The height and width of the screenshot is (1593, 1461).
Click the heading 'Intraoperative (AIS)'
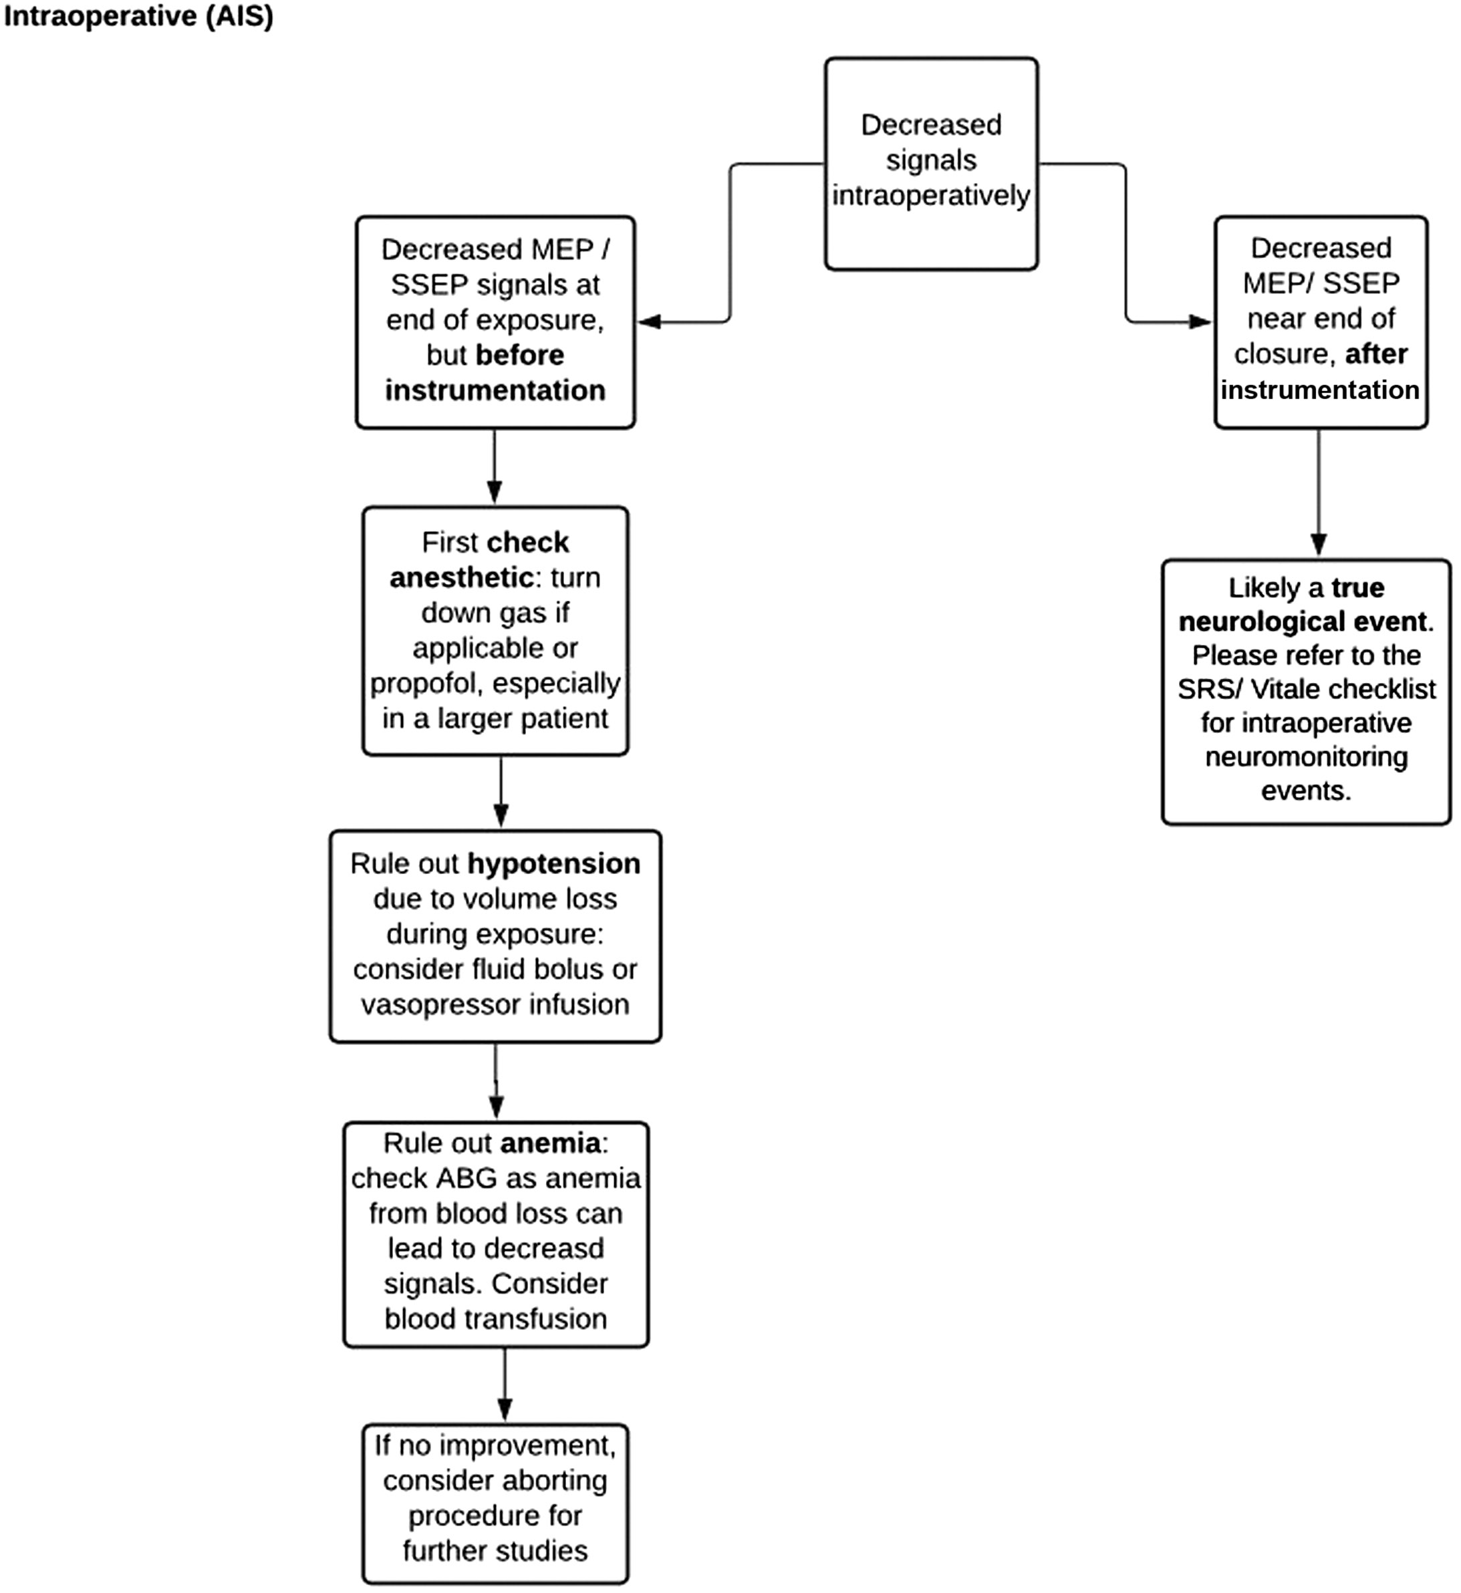coord(138,17)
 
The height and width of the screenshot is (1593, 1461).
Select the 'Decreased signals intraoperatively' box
coord(930,163)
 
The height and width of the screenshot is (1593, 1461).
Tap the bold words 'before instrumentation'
coord(495,373)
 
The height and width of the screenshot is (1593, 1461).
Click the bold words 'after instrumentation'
coord(1320,372)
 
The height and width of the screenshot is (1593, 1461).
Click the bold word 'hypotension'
coord(553,863)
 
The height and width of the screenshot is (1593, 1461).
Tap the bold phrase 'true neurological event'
coord(1305,605)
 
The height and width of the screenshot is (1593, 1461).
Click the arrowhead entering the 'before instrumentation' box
coord(650,322)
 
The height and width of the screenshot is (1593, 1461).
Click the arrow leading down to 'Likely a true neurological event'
coord(1318,494)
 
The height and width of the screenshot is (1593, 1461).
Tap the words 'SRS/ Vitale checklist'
coord(1306,690)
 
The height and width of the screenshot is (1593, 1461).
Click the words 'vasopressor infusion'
coord(495,1004)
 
